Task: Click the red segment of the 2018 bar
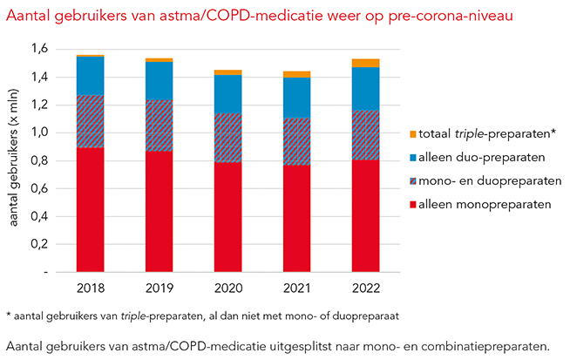tap(90, 209)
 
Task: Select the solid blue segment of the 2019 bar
tap(159, 81)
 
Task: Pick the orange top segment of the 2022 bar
tap(366, 63)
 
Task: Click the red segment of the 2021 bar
tap(297, 218)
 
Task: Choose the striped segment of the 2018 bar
tap(90, 122)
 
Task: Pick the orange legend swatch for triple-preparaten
tap(412, 134)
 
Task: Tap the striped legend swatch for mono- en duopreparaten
tap(412, 180)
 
